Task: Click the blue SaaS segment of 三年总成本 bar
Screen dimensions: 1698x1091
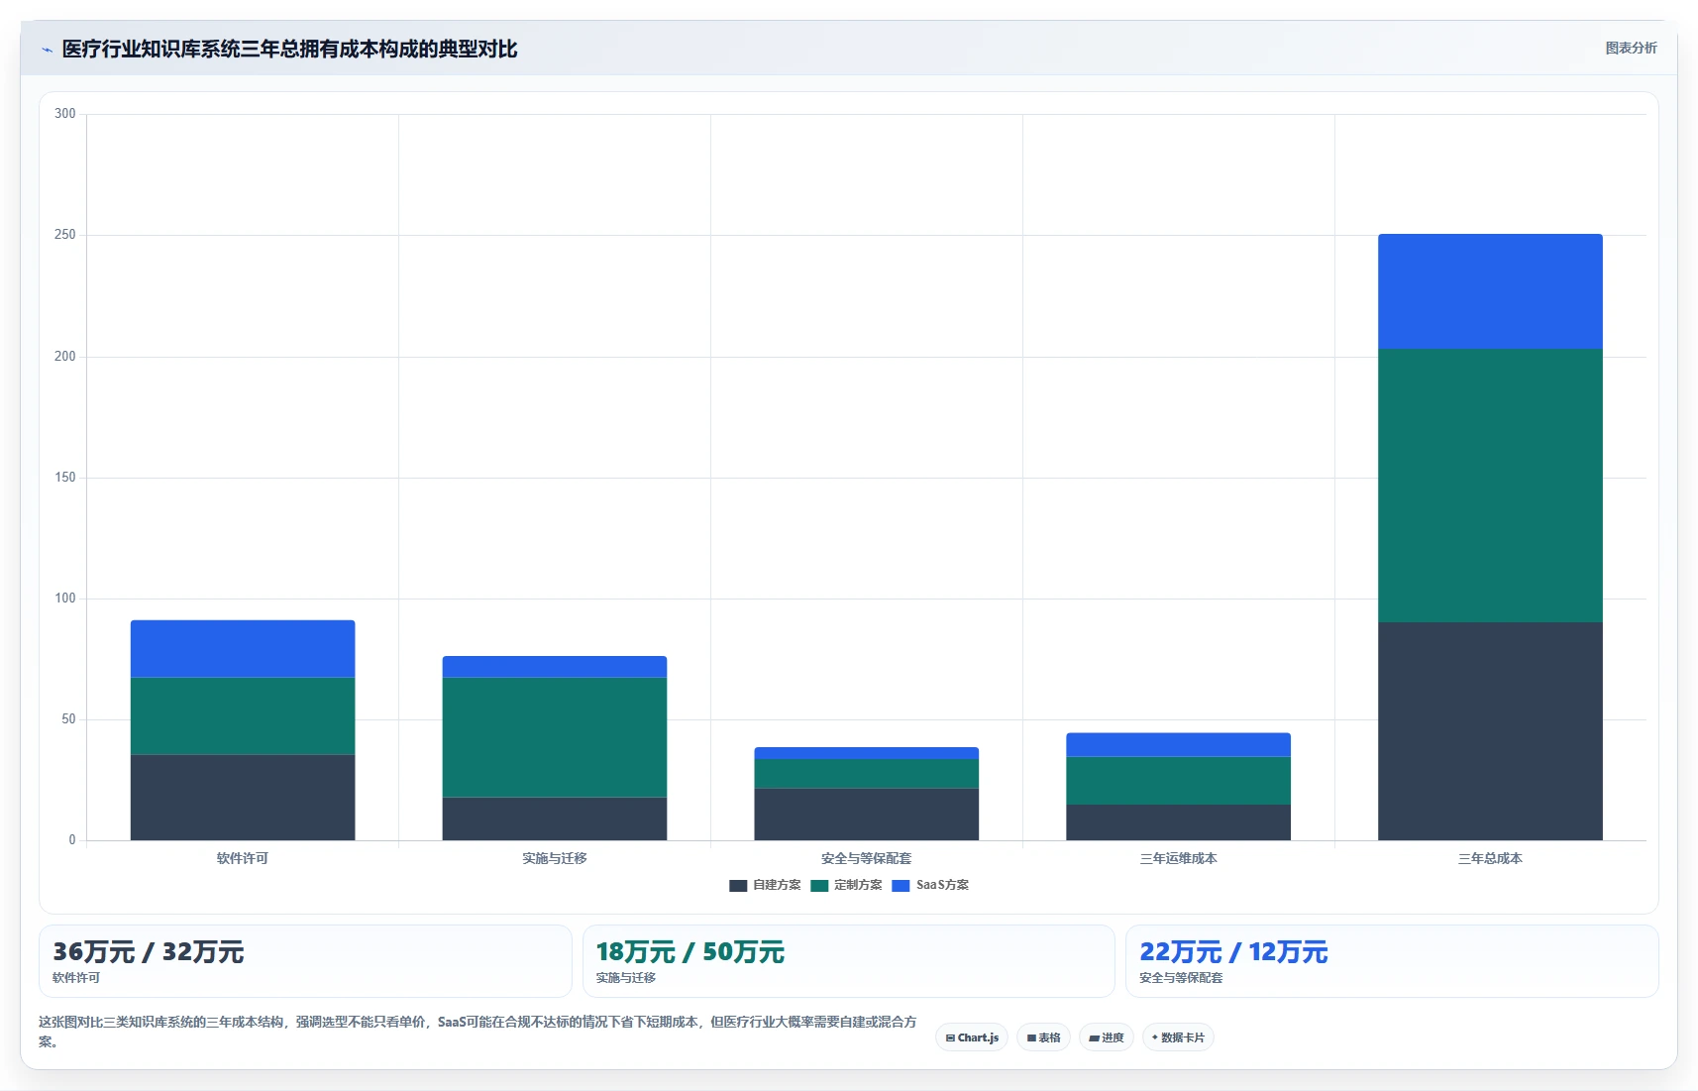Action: pyautogui.click(x=1490, y=291)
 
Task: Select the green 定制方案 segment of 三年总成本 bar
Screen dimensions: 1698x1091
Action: pyautogui.click(x=1490, y=486)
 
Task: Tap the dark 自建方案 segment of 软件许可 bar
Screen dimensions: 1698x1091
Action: pyautogui.click(x=243, y=797)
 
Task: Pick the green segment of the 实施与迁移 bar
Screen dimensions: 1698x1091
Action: pyautogui.click(x=554, y=737)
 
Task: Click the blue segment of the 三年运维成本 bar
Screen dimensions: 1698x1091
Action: pyautogui.click(x=1178, y=744)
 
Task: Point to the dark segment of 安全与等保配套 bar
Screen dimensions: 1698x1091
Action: pyautogui.click(x=867, y=815)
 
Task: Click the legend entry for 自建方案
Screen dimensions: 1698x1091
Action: pyautogui.click(x=765, y=885)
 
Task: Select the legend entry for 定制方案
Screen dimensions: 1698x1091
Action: pyautogui.click(x=846, y=885)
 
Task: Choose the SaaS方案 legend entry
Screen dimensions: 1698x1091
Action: pyautogui.click(x=930, y=885)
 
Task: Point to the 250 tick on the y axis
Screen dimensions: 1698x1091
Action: pyautogui.click(x=65, y=235)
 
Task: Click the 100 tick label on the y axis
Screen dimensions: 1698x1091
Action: pyautogui.click(x=65, y=599)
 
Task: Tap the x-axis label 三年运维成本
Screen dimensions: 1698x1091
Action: pyautogui.click(x=1178, y=858)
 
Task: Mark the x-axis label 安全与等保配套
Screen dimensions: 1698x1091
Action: pyautogui.click(x=867, y=858)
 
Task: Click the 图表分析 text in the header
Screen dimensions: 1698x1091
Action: pyautogui.click(x=1632, y=48)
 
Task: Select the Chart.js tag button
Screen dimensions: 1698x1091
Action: pyautogui.click(x=972, y=1037)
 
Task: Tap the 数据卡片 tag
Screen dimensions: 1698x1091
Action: pyautogui.click(x=1178, y=1037)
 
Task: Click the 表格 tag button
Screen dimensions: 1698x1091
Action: pyautogui.click(x=1044, y=1037)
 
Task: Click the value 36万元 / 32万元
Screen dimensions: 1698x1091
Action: pyautogui.click(x=149, y=951)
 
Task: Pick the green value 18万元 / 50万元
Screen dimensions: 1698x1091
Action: pyautogui.click(x=690, y=951)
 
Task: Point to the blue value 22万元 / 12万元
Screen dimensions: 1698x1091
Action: pyautogui.click(x=1233, y=951)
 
